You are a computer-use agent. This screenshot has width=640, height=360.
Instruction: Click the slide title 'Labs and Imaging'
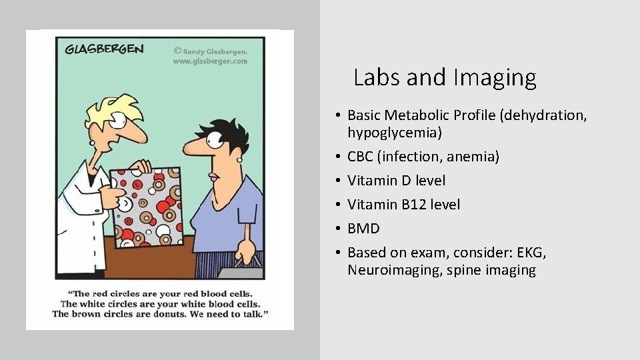[445, 78]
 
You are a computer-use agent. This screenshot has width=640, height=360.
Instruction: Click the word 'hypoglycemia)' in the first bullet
[395, 133]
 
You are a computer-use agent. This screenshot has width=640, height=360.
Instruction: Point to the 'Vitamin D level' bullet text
[396, 181]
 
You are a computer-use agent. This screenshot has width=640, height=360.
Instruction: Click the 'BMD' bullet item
[363, 229]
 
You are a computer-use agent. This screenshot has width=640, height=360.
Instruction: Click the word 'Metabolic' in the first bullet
[421, 115]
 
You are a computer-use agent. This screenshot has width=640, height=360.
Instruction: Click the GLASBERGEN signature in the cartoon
[105, 50]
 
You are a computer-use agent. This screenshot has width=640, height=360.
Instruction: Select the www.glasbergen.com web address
[210, 61]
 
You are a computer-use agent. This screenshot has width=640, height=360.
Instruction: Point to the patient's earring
[239, 159]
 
